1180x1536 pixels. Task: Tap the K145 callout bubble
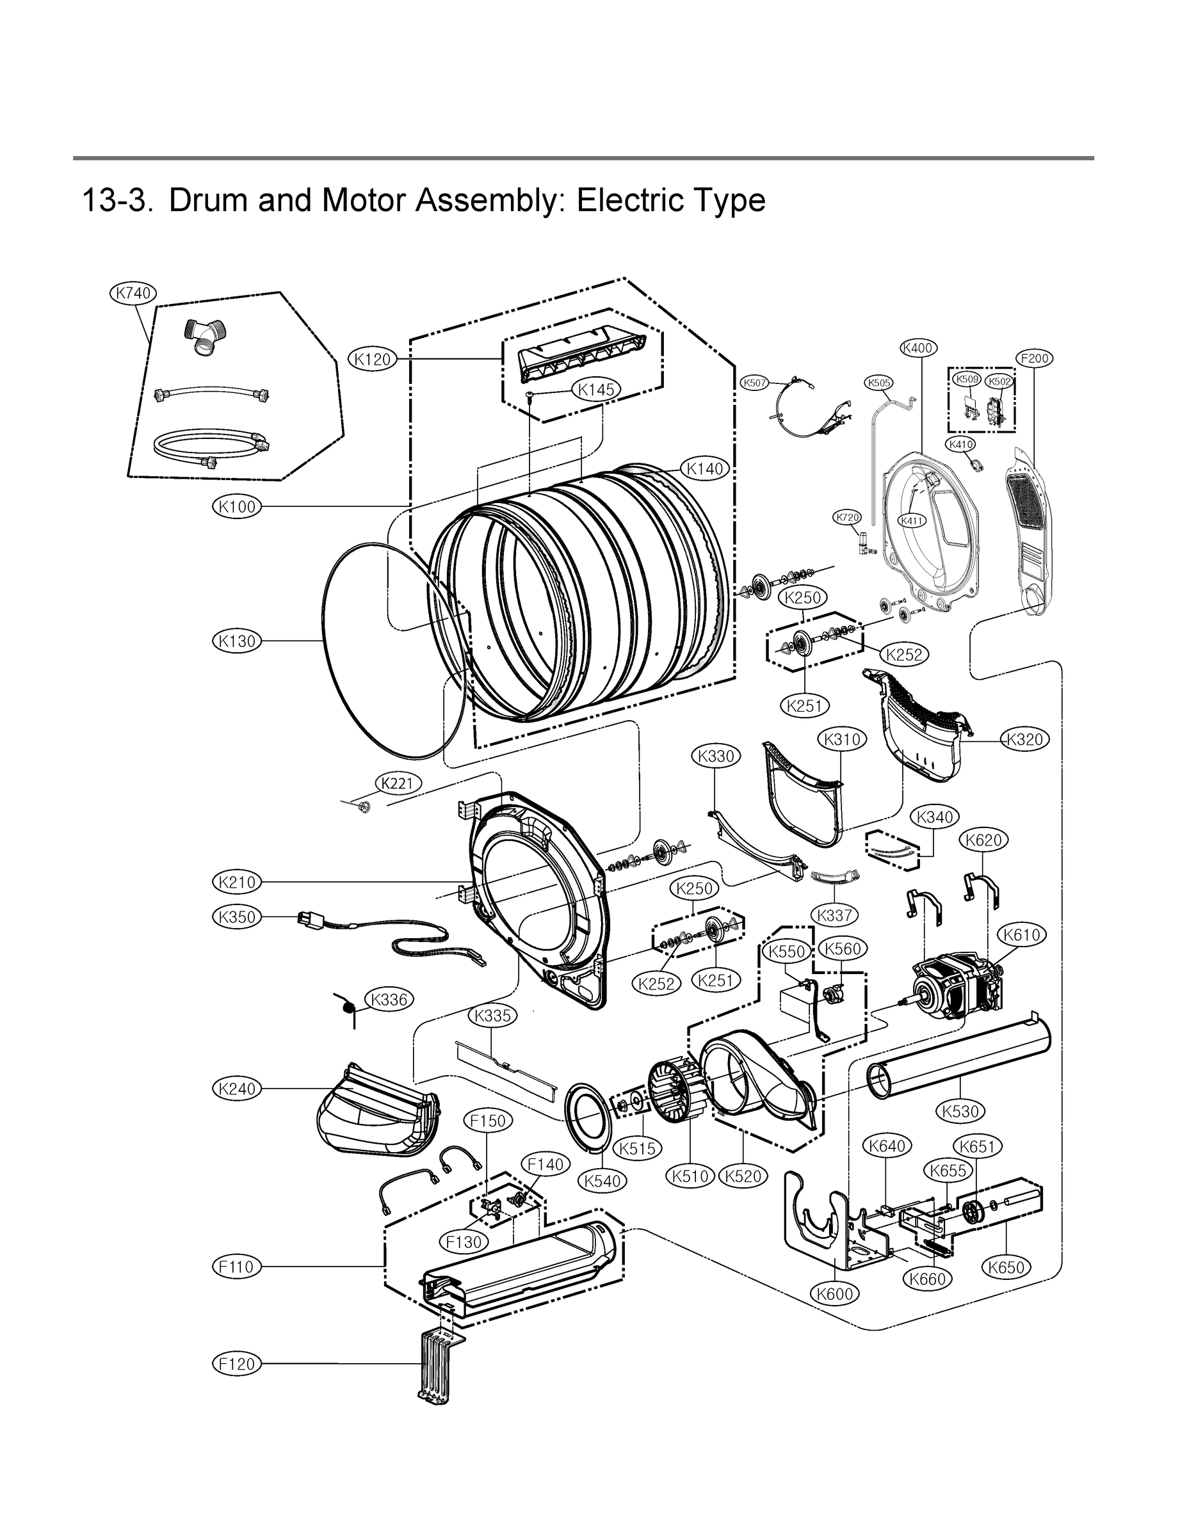click(x=597, y=390)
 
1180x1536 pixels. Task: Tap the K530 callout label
click(x=961, y=1111)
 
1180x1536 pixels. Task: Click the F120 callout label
click(x=237, y=1364)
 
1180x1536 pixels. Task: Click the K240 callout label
click(x=237, y=1089)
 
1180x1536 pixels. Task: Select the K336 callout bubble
click(x=389, y=1000)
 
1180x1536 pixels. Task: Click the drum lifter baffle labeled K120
click(x=583, y=348)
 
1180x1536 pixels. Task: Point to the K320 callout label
click(x=1025, y=739)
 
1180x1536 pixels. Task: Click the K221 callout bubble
click(x=398, y=783)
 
